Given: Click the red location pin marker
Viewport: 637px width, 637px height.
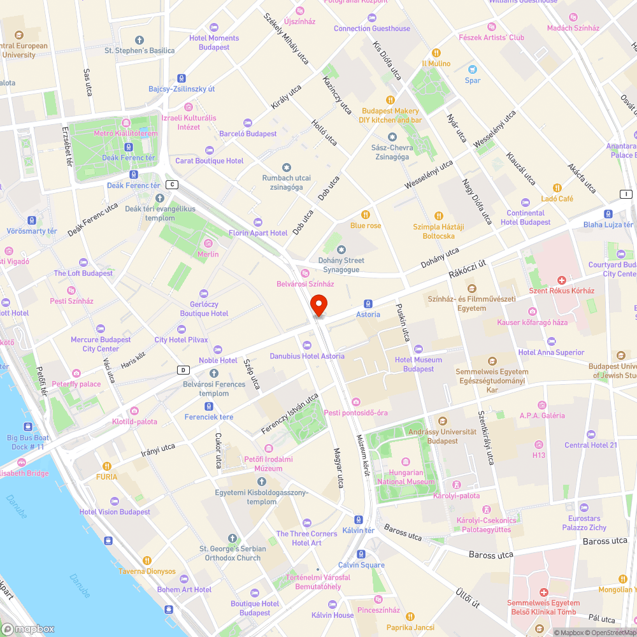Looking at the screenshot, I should coord(318,305).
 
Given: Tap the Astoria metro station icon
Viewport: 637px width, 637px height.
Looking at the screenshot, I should coord(368,303).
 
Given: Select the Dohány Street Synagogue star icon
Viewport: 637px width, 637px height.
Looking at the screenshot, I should coord(341,249).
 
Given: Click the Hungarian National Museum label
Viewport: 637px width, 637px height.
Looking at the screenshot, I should coord(406,477).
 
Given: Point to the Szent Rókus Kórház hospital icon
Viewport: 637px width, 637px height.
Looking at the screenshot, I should coord(561,280).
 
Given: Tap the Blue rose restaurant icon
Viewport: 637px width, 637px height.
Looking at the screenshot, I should coord(366,215).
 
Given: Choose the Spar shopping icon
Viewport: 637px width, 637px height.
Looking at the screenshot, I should coord(473,69).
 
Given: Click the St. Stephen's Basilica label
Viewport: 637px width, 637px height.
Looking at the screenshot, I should coord(140,50).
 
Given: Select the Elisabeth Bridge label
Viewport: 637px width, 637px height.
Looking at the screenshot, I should coord(24,473).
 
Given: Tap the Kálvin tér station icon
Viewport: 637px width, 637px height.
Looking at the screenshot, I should coord(359,519).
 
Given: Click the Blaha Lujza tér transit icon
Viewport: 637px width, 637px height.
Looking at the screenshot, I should coord(608,214).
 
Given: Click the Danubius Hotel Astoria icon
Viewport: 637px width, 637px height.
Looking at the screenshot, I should coord(307,345).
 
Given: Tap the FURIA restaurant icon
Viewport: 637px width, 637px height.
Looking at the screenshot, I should coord(107,466).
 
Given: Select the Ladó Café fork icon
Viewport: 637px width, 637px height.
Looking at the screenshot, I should coord(557,188).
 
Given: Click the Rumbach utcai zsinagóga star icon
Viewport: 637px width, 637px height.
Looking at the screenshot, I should coord(287,167).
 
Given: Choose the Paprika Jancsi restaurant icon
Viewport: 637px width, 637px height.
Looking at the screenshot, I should coord(411,617).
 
